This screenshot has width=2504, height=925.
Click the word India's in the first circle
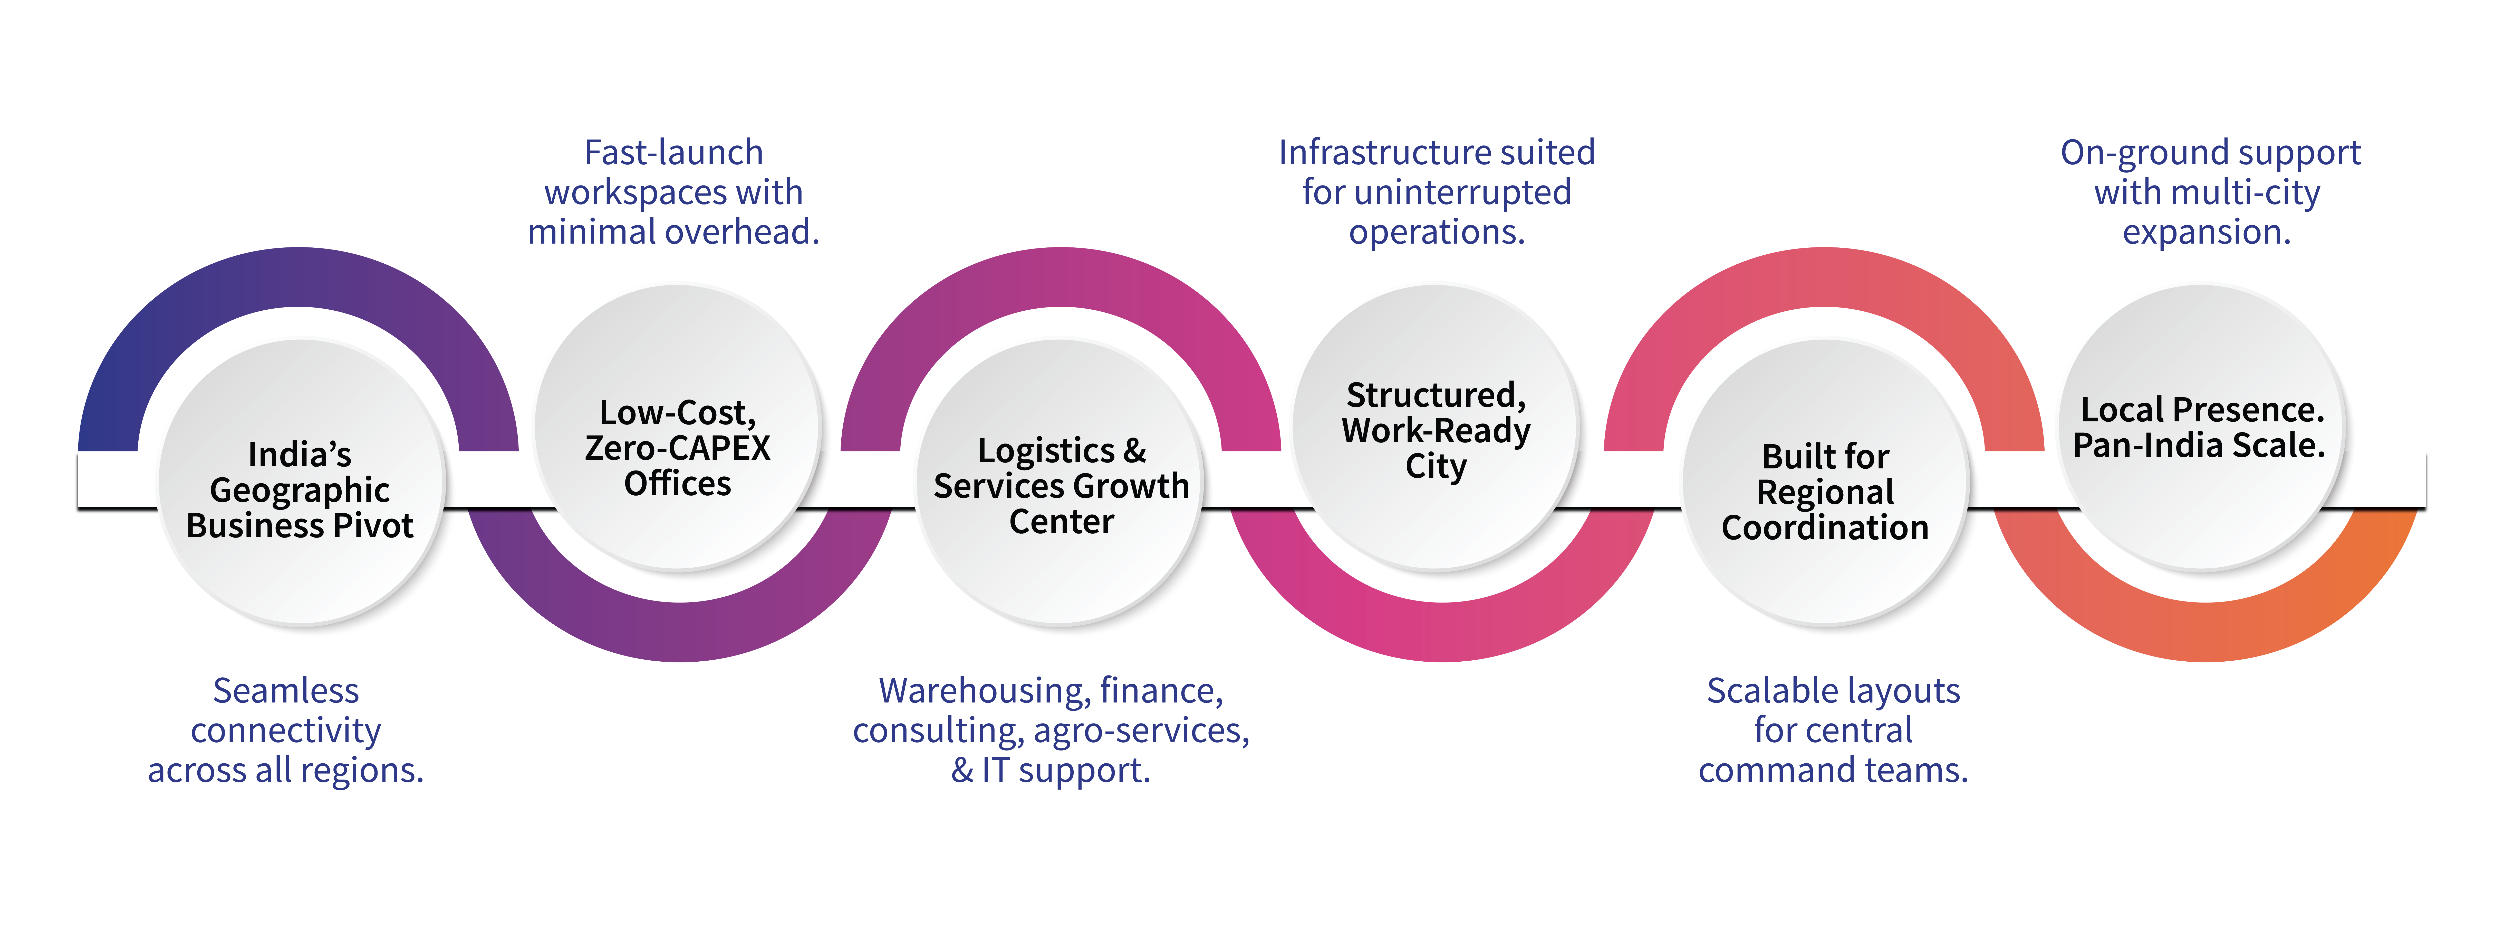pyautogui.click(x=299, y=454)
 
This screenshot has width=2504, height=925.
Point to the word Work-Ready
pyautogui.click(x=1436, y=430)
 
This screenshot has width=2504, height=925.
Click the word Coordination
pyautogui.click(x=1825, y=527)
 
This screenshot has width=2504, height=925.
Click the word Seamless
pyautogui.click(x=286, y=691)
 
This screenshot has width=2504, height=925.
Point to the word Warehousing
pyautogui.click(x=984, y=691)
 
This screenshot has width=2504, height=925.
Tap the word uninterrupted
pyautogui.click(x=1461, y=193)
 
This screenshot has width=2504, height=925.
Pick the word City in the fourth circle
pyautogui.click(x=1436, y=466)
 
